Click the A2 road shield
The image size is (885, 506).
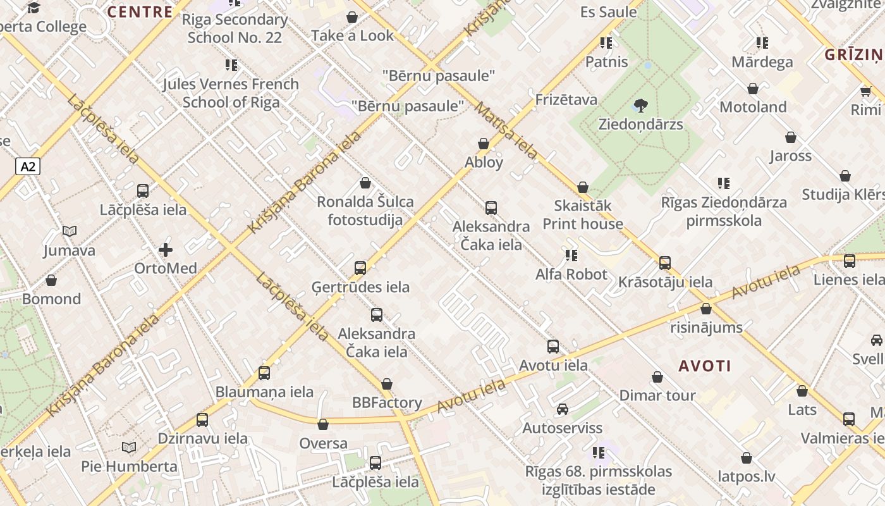[28, 166]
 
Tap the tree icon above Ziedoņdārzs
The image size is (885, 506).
[640, 106]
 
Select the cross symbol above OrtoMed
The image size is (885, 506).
[166, 250]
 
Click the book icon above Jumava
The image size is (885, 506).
[70, 231]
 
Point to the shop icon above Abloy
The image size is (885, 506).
[484, 144]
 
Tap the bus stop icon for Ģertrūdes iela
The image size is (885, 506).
[360, 268]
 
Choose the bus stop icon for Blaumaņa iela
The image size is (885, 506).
[264, 373]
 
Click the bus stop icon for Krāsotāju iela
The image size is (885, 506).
[664, 262]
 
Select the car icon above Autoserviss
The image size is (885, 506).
[562, 409]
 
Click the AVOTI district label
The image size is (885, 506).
[705, 366]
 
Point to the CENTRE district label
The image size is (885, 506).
[140, 11]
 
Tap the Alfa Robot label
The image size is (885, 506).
[571, 275]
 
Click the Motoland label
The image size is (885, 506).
[753, 107]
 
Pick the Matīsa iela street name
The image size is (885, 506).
[506, 130]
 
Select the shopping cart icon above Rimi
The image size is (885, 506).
[865, 91]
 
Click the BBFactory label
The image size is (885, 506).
[387, 403]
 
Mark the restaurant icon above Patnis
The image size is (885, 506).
[606, 43]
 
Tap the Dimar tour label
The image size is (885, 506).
[657, 395]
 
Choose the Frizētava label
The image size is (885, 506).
[566, 99]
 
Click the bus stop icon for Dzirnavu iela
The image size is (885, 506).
[202, 419]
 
